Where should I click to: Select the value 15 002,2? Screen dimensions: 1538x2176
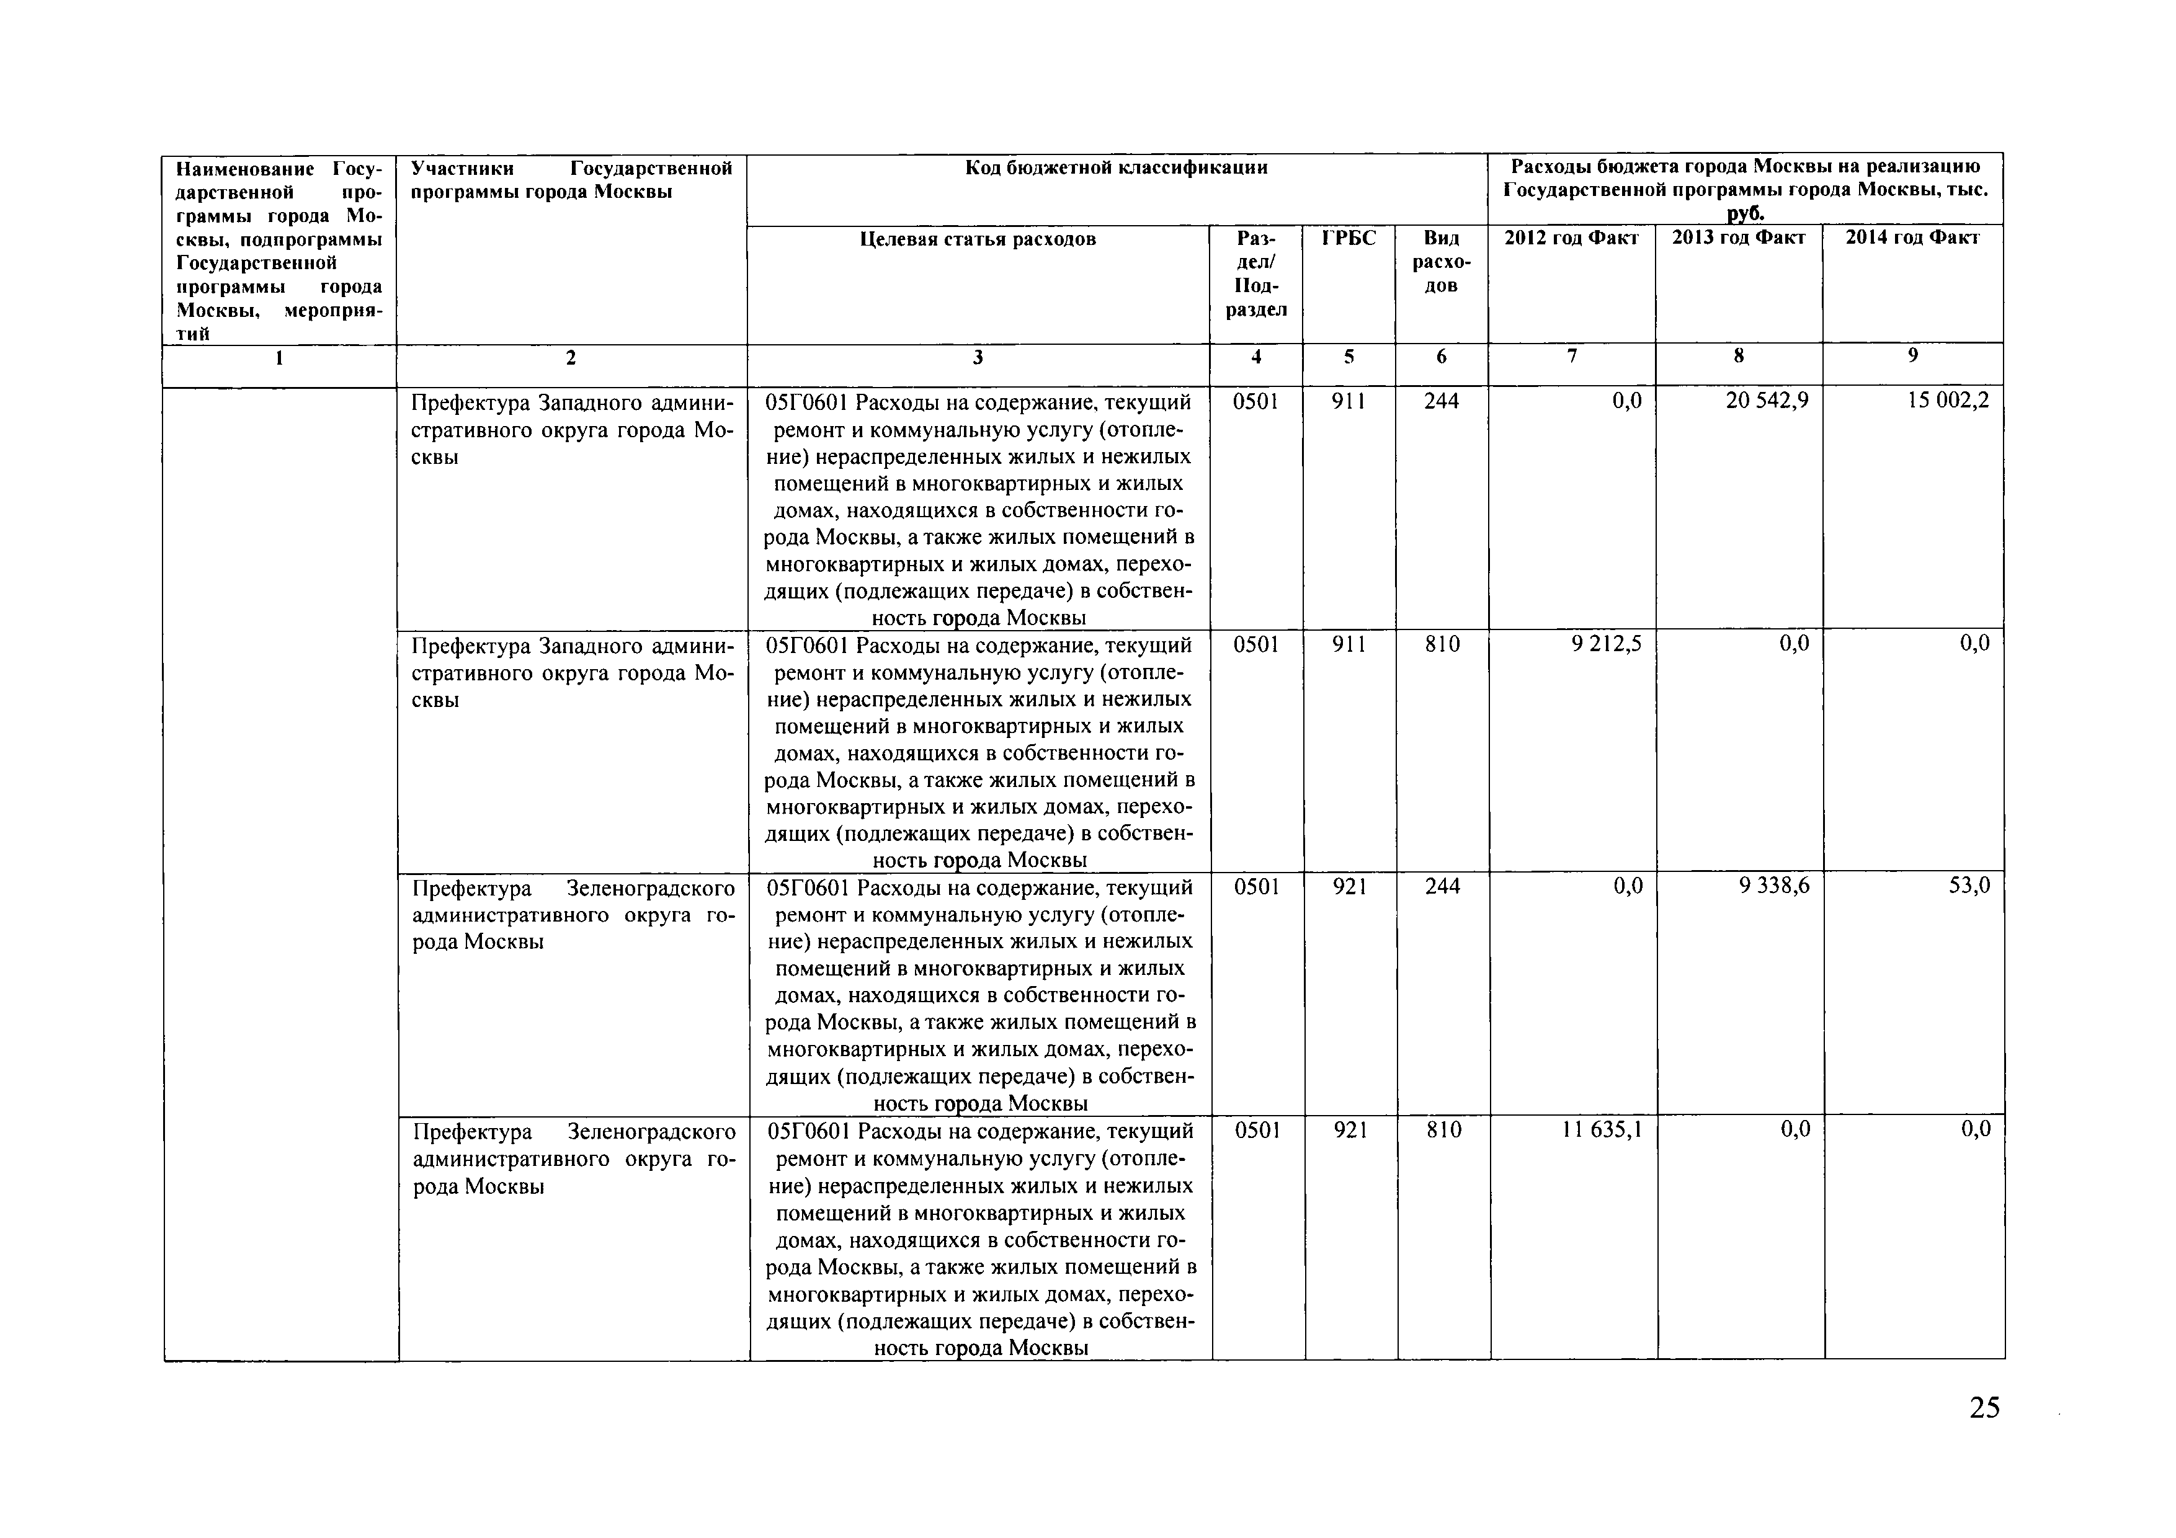click(1948, 401)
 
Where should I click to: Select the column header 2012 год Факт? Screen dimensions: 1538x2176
click(1571, 238)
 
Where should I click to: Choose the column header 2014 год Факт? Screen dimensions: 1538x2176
click(1912, 238)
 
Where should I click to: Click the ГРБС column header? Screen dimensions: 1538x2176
click(1349, 238)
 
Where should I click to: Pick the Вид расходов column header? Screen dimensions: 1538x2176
click(1440, 262)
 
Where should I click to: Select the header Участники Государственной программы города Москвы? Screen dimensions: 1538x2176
click(571, 180)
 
